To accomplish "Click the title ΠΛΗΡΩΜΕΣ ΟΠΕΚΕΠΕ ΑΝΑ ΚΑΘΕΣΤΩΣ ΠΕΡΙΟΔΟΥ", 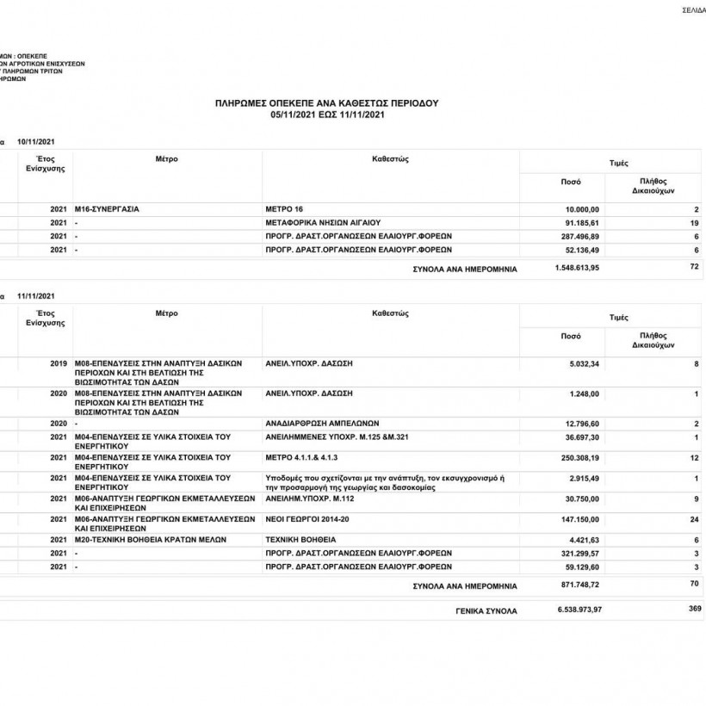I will (x=326, y=102).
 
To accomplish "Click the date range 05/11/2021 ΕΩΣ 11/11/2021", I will (x=326, y=114).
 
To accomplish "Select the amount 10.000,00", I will (x=583, y=209).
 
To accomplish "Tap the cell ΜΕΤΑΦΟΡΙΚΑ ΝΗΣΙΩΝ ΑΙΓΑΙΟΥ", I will (x=323, y=222).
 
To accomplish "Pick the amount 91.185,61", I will (x=583, y=222).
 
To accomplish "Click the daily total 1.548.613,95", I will (x=577, y=268).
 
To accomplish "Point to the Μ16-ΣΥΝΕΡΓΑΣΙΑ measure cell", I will (x=108, y=209).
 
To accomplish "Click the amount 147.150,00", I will (x=579, y=519).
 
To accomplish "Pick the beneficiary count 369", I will (x=695, y=609).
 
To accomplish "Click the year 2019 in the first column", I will (x=59, y=364).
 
